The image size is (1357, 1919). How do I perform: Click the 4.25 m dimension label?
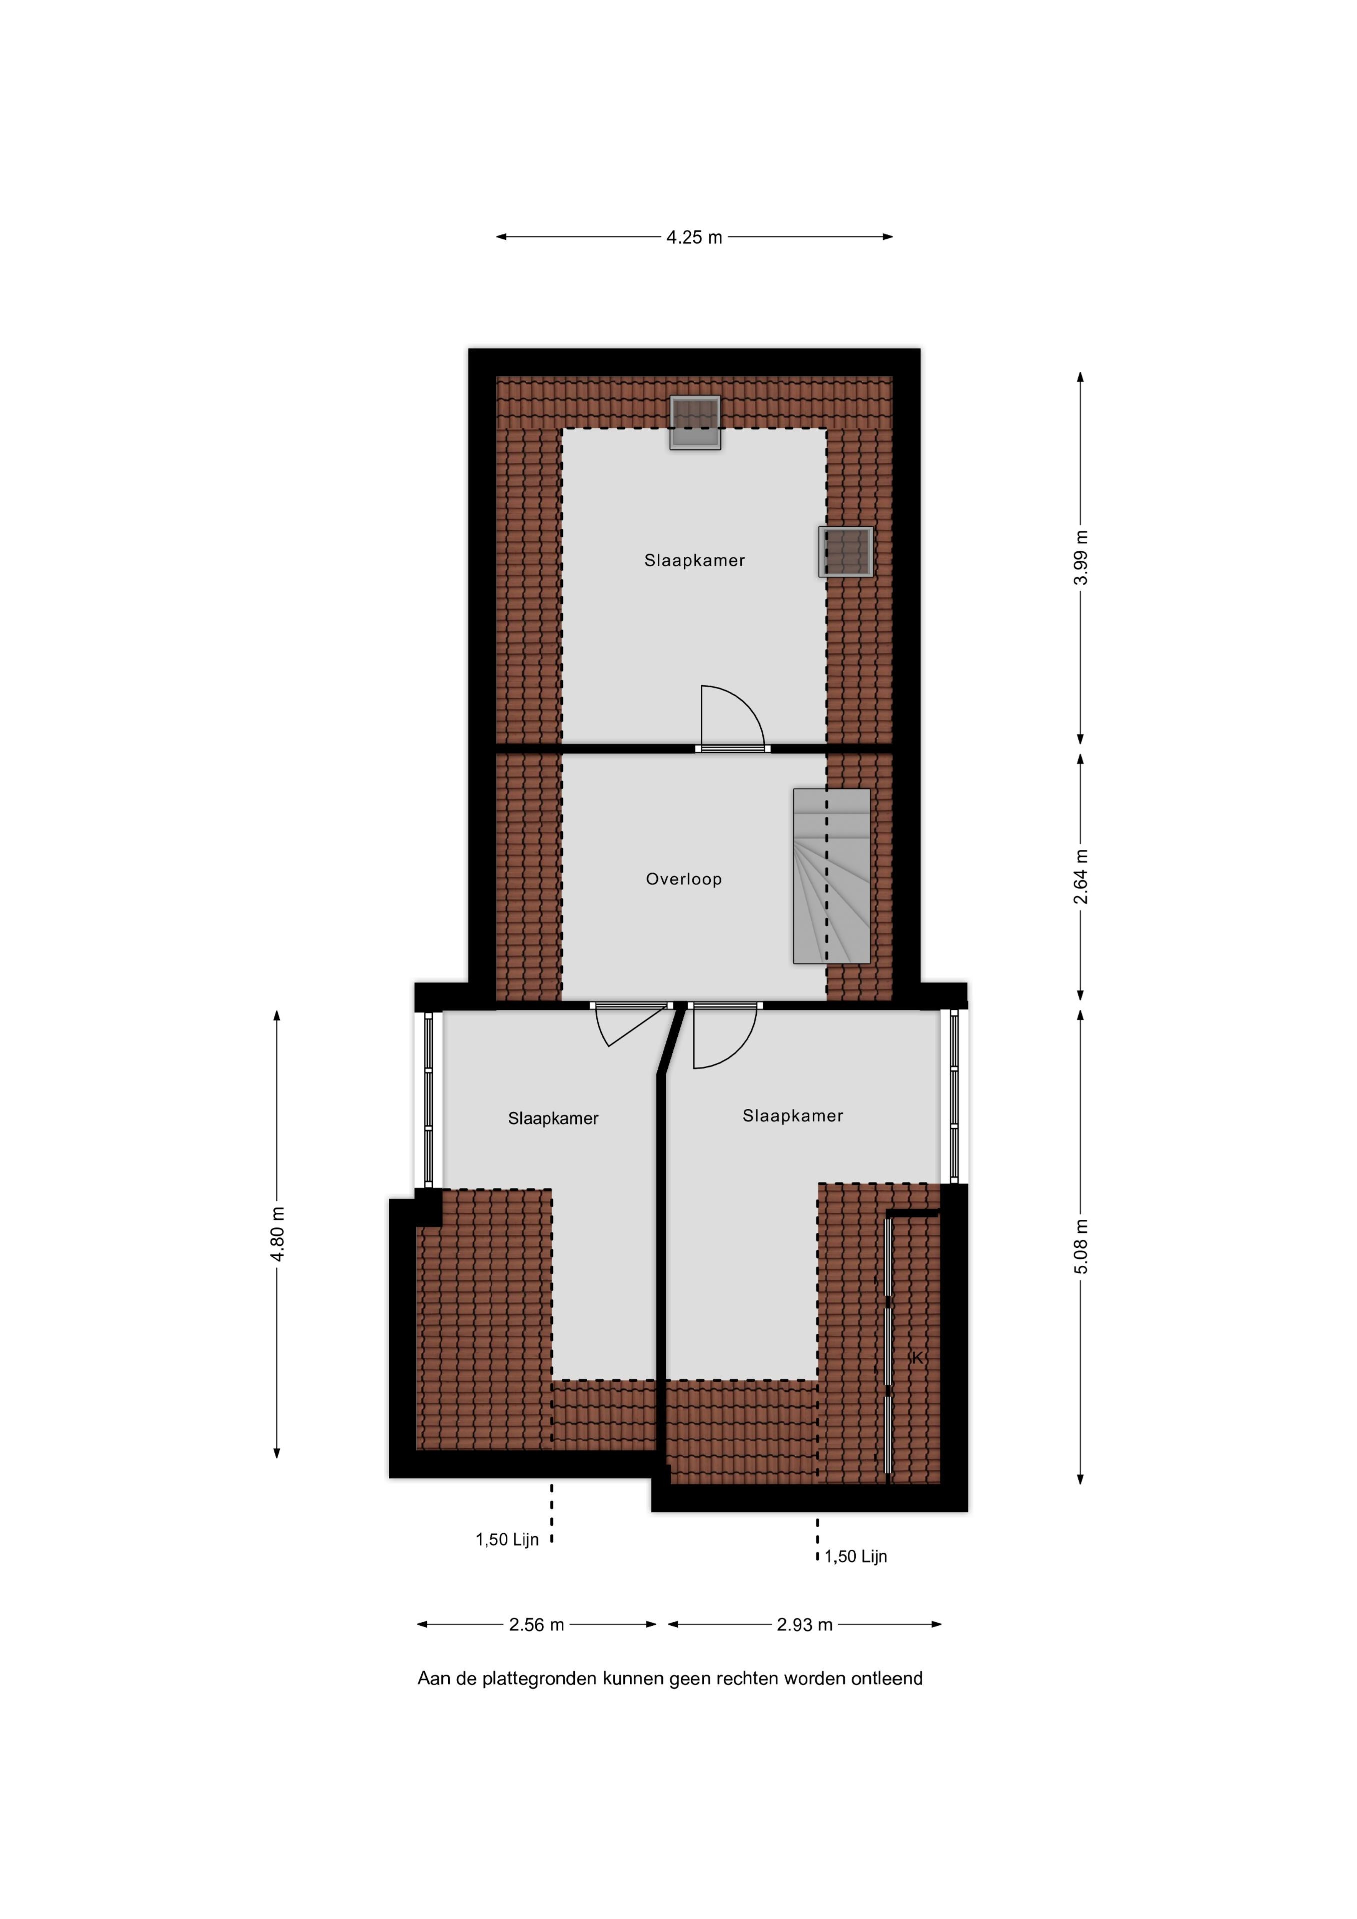tap(694, 237)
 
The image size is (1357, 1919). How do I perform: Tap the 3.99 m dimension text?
tap(1081, 558)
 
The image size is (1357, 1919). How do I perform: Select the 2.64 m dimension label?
tap(1081, 877)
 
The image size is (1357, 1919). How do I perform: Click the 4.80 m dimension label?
tap(278, 1236)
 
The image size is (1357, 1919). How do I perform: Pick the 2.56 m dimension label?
tap(537, 1625)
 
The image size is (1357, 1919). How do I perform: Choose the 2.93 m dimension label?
tap(804, 1625)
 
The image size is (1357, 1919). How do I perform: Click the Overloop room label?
tap(684, 879)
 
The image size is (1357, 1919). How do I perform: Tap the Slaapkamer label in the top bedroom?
tap(694, 561)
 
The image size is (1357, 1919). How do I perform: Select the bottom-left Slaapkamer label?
tap(553, 1119)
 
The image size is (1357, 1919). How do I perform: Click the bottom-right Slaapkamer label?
tap(793, 1116)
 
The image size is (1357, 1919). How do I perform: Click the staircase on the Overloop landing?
tap(832, 876)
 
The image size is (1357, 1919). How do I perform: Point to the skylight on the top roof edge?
tap(695, 422)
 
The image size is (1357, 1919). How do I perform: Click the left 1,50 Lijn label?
tap(507, 1540)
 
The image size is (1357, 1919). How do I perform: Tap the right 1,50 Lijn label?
tap(855, 1556)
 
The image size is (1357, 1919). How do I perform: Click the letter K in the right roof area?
tap(917, 1358)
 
